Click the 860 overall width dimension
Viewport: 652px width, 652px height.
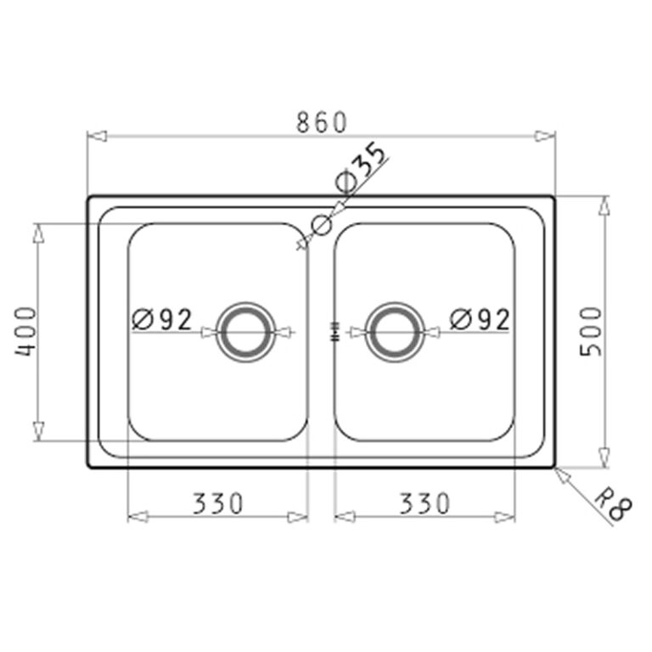click(321, 122)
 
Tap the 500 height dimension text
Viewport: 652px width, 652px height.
click(591, 331)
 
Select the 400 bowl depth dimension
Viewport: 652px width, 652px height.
click(25, 331)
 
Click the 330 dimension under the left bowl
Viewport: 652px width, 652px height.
click(217, 503)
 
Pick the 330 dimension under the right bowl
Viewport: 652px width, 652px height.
click(424, 503)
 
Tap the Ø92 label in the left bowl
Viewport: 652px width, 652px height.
click(162, 319)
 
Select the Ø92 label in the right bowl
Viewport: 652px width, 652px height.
click(480, 319)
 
